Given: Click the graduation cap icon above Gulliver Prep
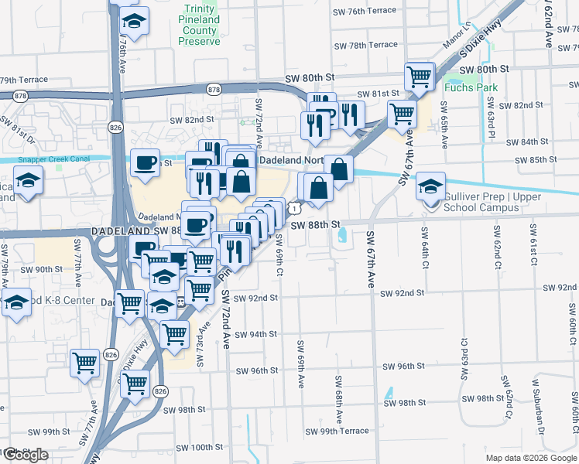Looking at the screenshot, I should [431, 186].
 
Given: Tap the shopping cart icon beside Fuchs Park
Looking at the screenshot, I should [419, 77].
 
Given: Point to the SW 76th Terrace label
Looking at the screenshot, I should [367, 12].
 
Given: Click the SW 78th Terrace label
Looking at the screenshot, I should [367, 45].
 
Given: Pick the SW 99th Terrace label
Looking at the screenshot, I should [337, 432].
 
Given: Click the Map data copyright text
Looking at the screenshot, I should [531, 458].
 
